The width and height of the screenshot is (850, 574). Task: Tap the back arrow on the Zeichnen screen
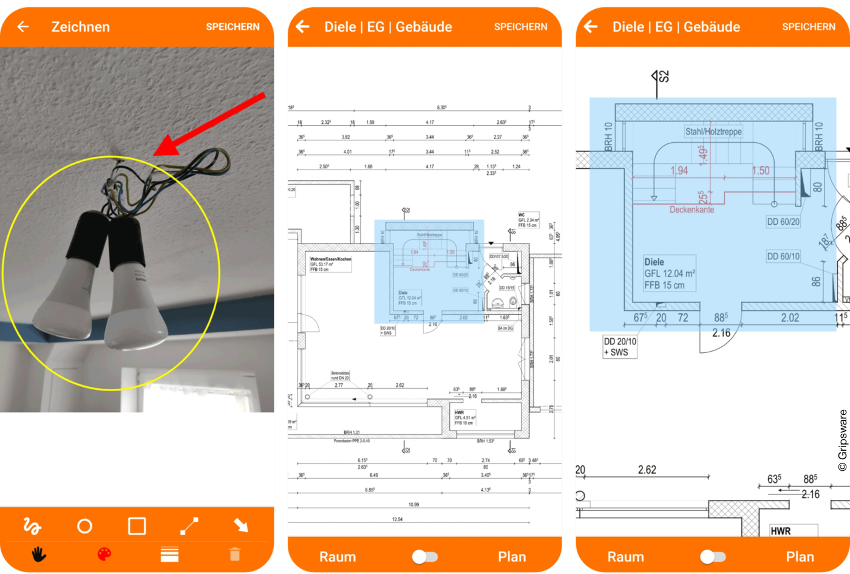[x=23, y=27]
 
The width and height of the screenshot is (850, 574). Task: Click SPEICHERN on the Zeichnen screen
[x=233, y=27]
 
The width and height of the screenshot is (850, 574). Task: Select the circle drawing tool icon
[x=85, y=526]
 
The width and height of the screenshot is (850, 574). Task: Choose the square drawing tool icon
[x=137, y=526]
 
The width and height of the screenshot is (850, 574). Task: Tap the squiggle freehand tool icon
[x=32, y=526]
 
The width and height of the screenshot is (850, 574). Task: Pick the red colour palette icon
[x=104, y=554]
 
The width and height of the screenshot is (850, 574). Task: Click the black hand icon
[x=39, y=554]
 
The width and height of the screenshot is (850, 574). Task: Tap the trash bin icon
[x=235, y=554]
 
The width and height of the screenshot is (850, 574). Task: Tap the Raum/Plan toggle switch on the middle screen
[x=424, y=557]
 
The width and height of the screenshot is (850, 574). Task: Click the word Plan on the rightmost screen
[x=800, y=557]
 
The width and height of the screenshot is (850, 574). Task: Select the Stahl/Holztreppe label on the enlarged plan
[x=713, y=131]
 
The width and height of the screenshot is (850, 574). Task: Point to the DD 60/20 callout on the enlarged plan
[x=783, y=222]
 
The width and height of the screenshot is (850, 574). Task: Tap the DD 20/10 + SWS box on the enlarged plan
[x=620, y=347]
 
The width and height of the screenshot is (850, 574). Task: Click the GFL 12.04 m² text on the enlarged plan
[x=670, y=273]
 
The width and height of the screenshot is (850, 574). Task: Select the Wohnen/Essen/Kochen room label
[x=330, y=259]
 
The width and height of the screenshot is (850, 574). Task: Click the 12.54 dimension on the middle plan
[x=397, y=519]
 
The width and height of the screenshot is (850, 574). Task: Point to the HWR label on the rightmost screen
[x=780, y=531]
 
